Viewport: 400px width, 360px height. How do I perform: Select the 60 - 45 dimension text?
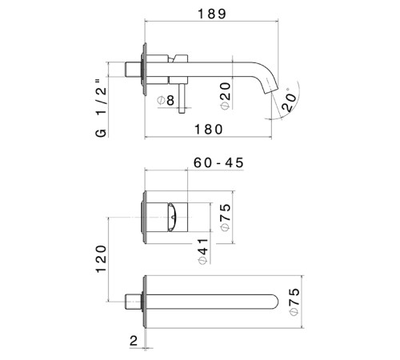point(218,163)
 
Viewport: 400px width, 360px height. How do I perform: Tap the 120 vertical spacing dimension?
point(102,258)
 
